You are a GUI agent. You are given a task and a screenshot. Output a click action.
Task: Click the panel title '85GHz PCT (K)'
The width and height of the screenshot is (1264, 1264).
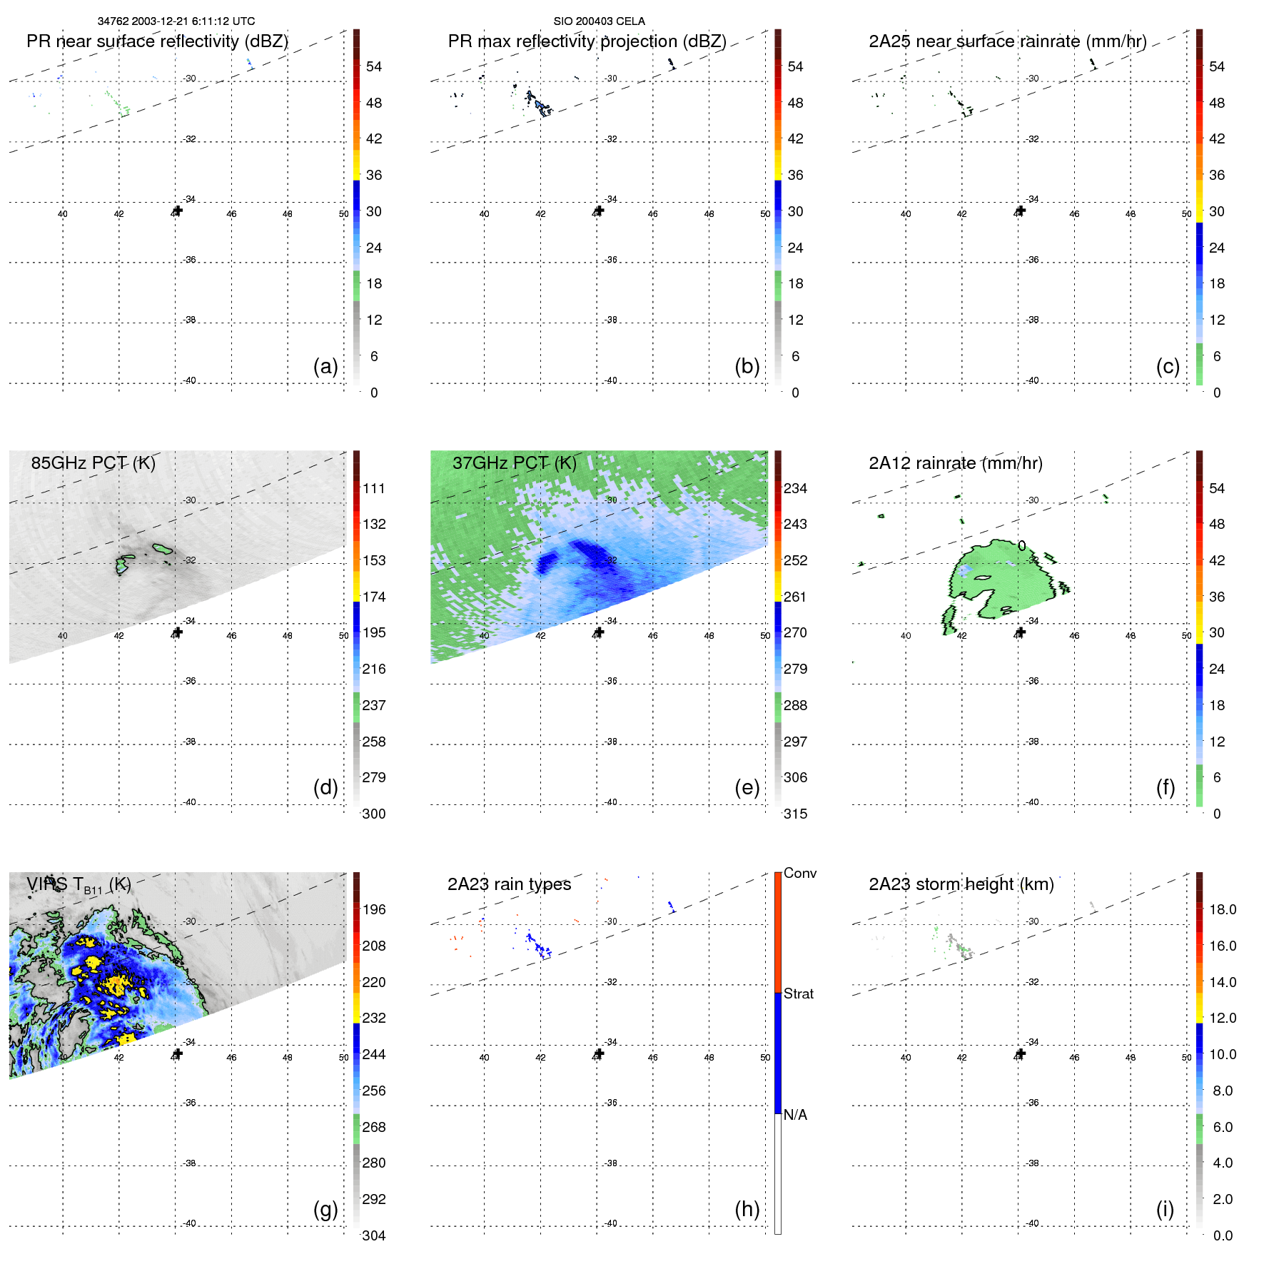(93, 463)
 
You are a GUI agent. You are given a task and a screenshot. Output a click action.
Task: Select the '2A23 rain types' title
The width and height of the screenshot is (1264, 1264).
(509, 884)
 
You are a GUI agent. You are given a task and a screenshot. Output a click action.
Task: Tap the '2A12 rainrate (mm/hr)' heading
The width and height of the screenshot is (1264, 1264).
(955, 463)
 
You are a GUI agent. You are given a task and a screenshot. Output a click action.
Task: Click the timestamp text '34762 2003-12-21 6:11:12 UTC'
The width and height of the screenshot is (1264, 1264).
(176, 21)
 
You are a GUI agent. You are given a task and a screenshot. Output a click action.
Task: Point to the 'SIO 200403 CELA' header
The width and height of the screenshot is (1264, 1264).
(599, 21)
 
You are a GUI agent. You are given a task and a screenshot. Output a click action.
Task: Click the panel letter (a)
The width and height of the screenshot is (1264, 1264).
(325, 366)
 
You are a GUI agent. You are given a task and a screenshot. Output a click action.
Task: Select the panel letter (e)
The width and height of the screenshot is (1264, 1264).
(747, 787)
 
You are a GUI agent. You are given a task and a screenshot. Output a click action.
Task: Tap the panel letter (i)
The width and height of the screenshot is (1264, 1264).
(1165, 1209)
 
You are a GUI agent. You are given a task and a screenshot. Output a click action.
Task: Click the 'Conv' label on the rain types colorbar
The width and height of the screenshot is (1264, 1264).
(799, 873)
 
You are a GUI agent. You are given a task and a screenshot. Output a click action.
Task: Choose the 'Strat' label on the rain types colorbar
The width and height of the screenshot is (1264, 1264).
(798, 993)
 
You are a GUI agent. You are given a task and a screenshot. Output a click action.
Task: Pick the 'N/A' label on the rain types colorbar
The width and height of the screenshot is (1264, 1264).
(795, 1115)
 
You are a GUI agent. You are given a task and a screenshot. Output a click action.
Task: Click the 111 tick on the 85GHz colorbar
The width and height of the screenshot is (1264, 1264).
(374, 488)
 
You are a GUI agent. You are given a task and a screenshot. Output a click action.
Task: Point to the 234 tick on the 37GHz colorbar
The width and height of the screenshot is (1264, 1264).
(795, 488)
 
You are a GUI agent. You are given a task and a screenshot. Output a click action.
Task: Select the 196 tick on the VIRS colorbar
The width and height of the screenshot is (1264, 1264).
(374, 909)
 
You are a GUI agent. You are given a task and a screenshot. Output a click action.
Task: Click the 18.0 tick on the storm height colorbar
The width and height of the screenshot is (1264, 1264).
(1222, 909)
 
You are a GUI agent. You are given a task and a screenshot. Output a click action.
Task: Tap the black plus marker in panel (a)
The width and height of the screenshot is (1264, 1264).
(178, 211)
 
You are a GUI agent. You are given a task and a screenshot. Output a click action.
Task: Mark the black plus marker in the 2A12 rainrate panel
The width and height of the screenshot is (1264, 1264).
(1021, 632)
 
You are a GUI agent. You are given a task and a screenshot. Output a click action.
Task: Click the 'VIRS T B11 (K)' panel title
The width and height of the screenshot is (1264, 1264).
(79, 885)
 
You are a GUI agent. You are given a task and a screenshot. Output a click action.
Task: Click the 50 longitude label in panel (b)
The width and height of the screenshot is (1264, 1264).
(765, 214)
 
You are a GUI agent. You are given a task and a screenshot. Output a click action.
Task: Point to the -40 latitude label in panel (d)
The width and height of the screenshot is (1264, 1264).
(190, 802)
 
